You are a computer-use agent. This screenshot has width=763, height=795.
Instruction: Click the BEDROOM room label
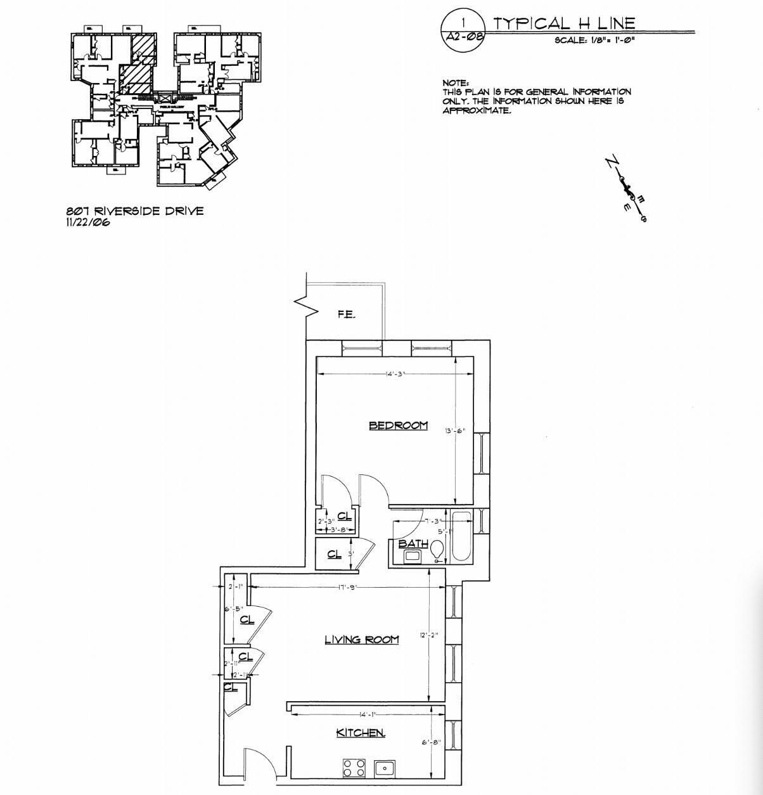[398, 425]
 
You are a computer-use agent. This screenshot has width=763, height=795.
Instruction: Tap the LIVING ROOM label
[362, 640]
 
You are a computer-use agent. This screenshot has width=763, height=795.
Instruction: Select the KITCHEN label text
[360, 733]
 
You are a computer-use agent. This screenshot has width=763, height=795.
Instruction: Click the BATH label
[413, 544]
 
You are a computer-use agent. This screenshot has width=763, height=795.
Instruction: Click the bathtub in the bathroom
[461, 536]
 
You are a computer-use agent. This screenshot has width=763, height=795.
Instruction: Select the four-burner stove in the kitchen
[354, 768]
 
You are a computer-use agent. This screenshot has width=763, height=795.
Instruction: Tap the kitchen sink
[384, 768]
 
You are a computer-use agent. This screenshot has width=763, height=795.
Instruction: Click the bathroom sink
[413, 557]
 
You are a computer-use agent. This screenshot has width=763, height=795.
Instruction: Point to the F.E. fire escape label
[346, 314]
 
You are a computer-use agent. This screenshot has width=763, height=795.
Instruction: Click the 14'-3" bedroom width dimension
[395, 374]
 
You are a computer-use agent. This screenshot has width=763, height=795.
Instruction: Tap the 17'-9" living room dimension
[347, 587]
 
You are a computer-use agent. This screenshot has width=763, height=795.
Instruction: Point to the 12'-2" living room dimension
[428, 635]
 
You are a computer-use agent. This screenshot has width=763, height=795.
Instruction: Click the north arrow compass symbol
[627, 189]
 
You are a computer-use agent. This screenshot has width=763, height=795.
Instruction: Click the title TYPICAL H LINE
[564, 23]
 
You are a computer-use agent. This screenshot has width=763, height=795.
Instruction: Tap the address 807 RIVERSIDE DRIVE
[135, 211]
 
